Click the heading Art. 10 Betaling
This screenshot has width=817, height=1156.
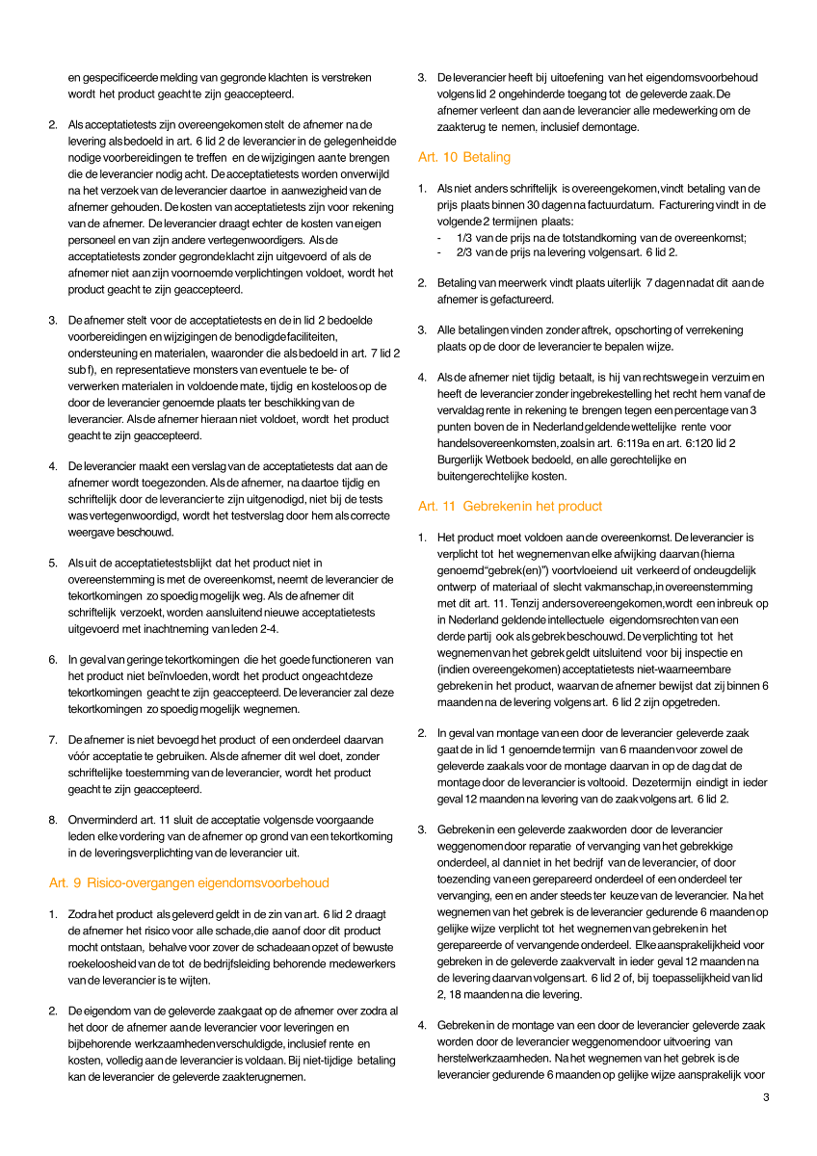pos(464,157)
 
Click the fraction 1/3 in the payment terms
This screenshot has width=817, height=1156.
pos(464,237)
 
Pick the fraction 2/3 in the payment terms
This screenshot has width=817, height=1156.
pos(464,252)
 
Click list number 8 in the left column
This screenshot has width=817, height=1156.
pos(52,821)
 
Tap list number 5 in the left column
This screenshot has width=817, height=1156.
pos(52,564)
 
